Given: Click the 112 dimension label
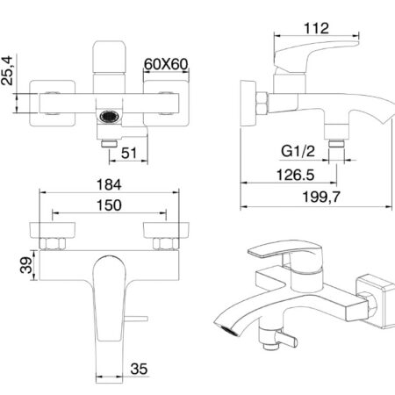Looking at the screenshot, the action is tap(316, 28).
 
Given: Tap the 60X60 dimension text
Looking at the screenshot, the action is tap(166, 64).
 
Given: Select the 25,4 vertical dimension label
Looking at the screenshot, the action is tap(7, 70).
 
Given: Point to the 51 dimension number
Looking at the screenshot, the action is tap(129, 153).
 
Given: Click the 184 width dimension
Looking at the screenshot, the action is tap(109, 185).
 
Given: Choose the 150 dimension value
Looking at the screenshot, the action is tap(109, 205).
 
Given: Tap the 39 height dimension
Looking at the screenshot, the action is tap(25, 265).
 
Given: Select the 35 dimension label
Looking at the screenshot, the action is tap(139, 369).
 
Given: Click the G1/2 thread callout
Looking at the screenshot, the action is tap(298, 151).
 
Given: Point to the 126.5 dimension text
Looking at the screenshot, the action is tap(295, 175).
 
